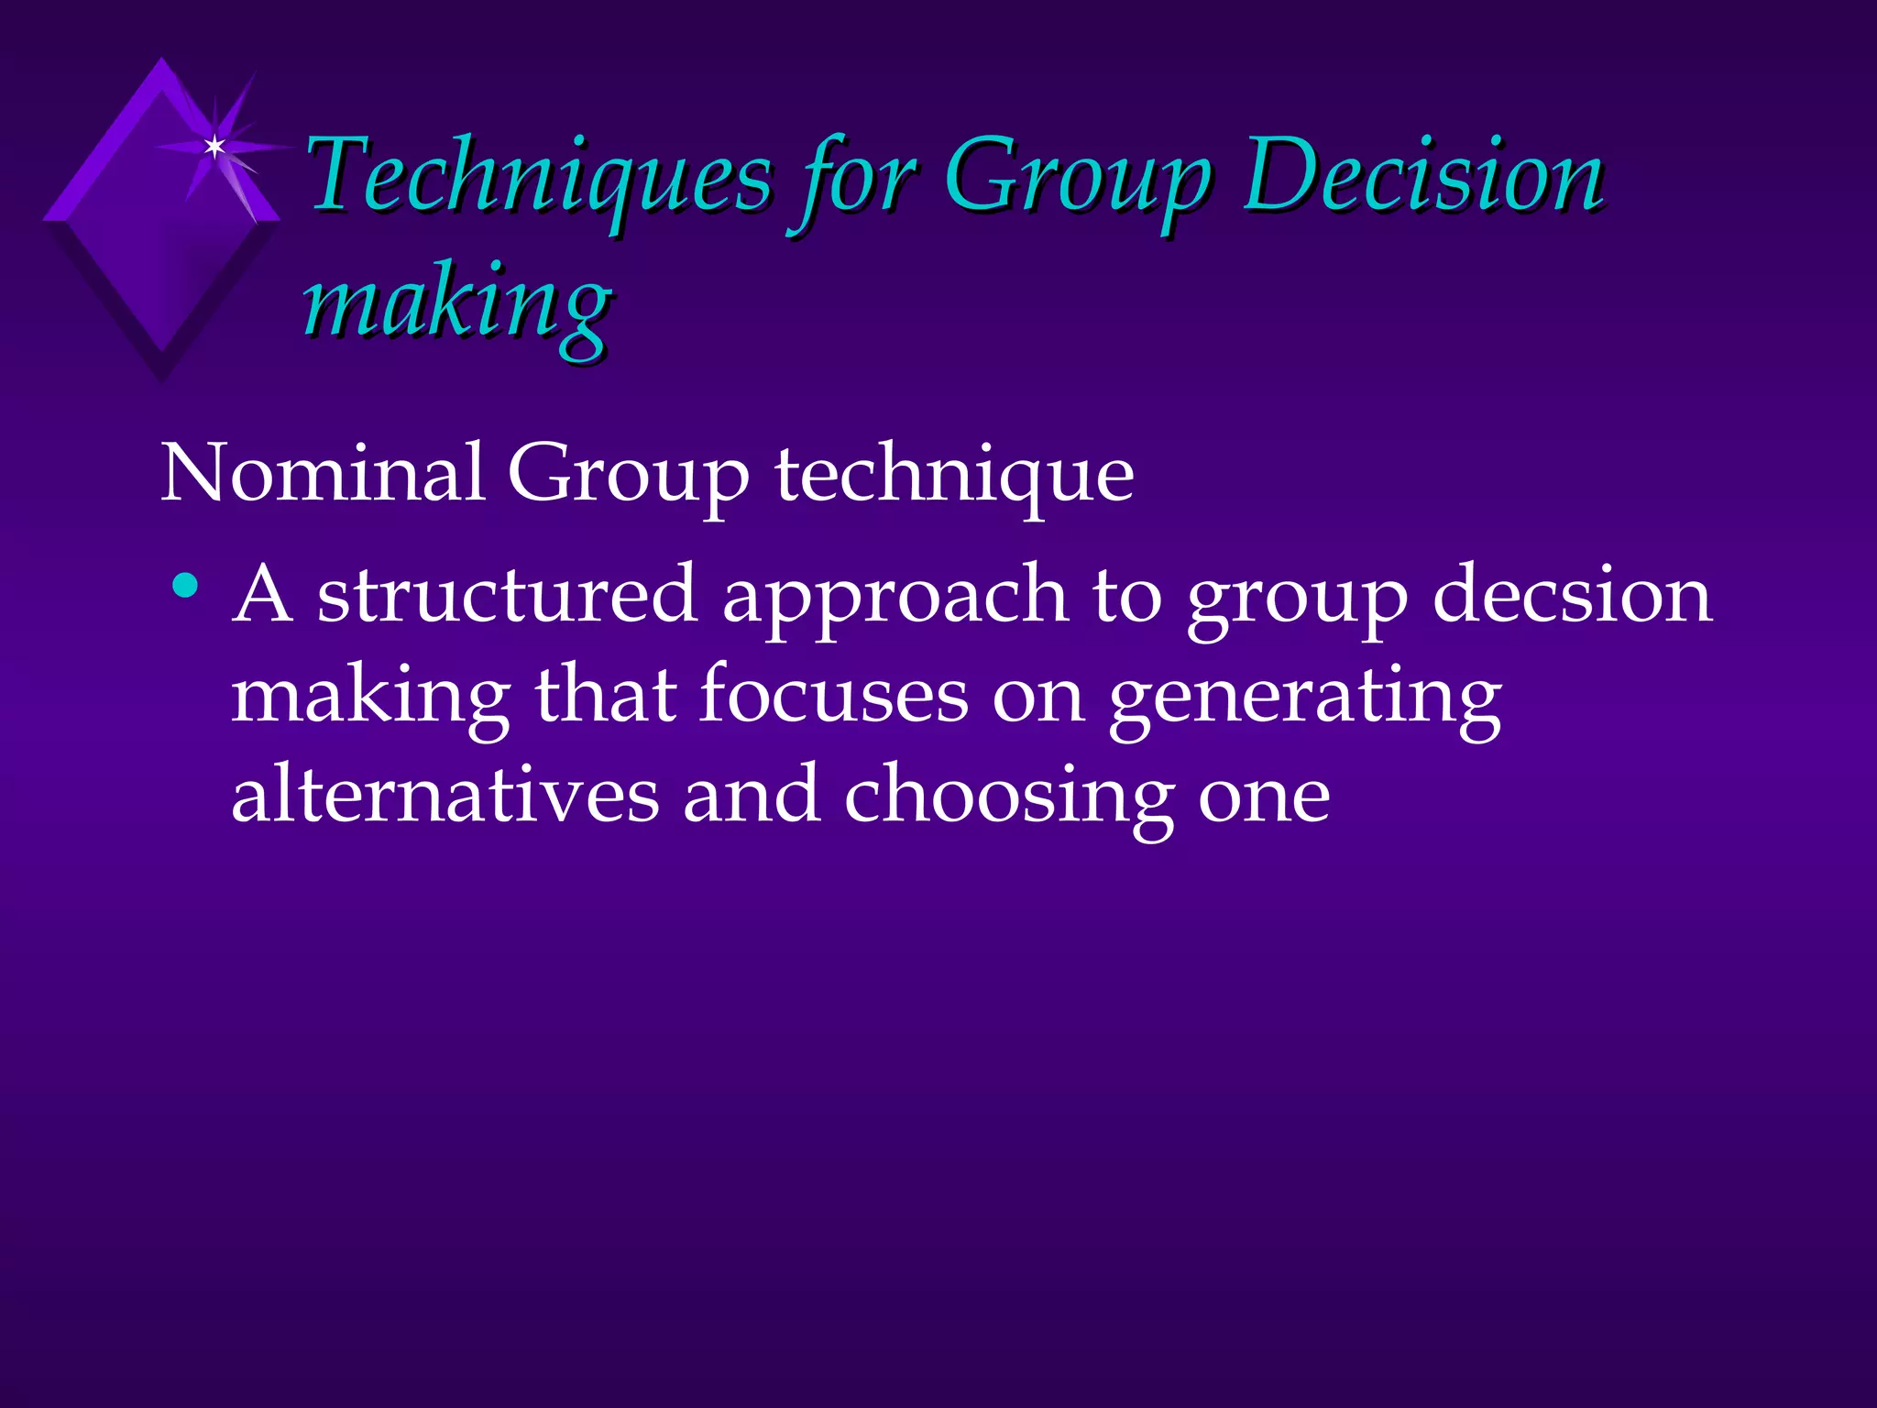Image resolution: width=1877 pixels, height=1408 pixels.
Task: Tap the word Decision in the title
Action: (x=1422, y=176)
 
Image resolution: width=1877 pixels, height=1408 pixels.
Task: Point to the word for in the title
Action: (x=857, y=179)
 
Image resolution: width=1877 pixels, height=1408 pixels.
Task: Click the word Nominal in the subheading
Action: (x=323, y=474)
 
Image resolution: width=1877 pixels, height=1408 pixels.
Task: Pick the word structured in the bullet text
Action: (x=507, y=596)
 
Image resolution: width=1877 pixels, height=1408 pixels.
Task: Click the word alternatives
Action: (x=445, y=795)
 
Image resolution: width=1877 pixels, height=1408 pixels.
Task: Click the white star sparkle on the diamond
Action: (x=214, y=147)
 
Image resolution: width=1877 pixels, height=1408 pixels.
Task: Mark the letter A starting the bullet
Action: (x=263, y=596)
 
